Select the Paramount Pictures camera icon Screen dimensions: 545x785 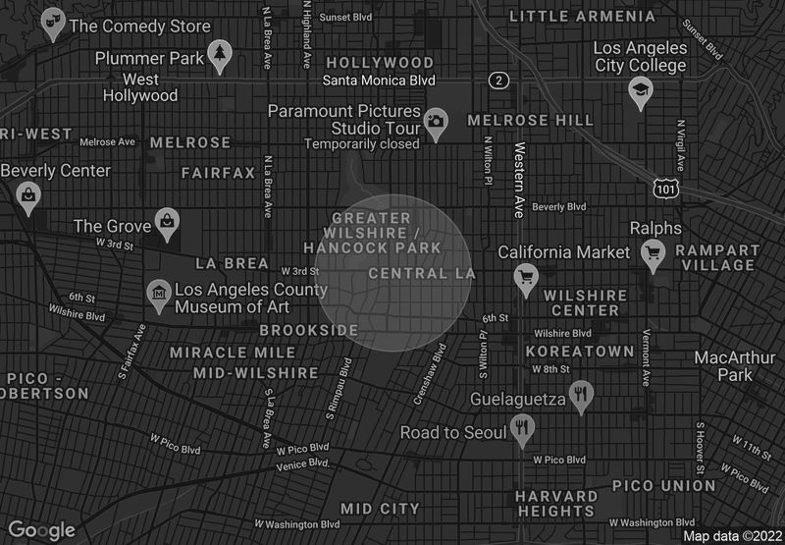(437, 121)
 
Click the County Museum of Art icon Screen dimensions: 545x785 (157, 292)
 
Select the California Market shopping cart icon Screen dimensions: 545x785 (526, 276)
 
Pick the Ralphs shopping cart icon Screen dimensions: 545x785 (653, 254)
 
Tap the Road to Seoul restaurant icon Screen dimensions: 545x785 (521, 428)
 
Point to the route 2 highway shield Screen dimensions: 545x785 (499, 80)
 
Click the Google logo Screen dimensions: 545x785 (42, 530)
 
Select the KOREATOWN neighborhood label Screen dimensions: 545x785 (580, 351)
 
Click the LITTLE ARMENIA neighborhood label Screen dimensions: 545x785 (583, 17)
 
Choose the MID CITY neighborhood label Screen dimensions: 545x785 (380, 509)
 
